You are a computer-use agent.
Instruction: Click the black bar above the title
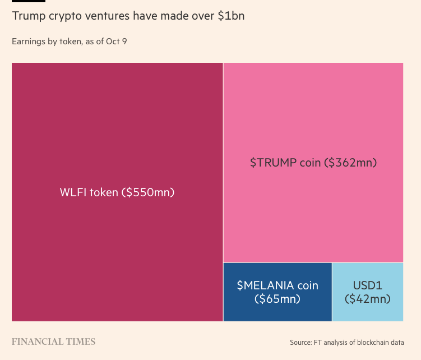tap(28, 1)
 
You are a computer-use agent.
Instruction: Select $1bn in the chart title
tap(230, 16)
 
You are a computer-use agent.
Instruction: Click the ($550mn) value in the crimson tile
tap(148, 192)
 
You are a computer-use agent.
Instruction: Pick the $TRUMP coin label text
tap(285, 163)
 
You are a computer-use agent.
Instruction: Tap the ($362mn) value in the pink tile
tap(352, 163)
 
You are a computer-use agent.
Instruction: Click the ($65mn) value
tap(277, 299)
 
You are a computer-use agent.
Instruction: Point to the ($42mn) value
tap(368, 299)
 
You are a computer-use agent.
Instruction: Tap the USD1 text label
tap(368, 285)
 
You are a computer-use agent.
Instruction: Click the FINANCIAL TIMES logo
tap(53, 341)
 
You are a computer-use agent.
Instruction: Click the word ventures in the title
tap(106, 16)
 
